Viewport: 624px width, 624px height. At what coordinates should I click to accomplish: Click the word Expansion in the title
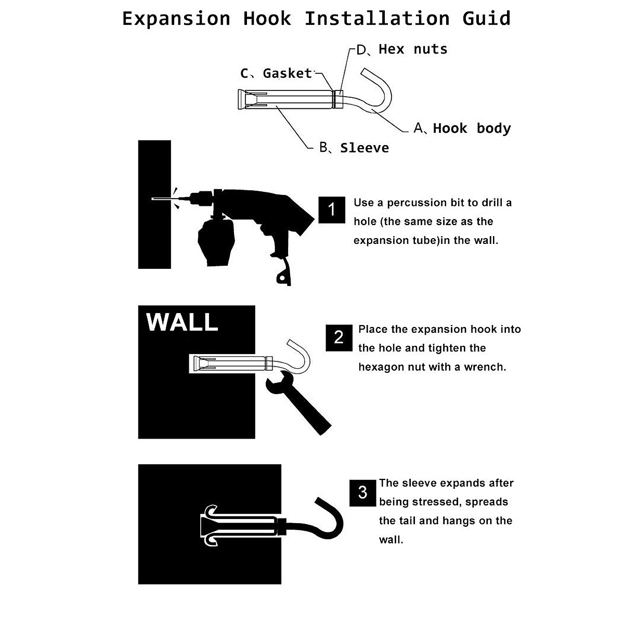[x=176, y=19]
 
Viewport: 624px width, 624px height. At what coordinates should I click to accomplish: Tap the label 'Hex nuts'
[x=413, y=49]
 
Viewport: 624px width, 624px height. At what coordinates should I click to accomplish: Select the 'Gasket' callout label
[x=287, y=73]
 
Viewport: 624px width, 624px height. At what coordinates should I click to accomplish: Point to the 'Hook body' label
[x=472, y=128]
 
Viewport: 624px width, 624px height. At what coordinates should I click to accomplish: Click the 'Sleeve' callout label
[x=364, y=148]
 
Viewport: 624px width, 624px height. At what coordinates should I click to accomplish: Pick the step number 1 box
[x=332, y=210]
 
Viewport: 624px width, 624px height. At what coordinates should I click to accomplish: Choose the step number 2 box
[x=339, y=337]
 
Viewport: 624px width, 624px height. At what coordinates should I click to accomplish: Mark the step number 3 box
[x=362, y=492]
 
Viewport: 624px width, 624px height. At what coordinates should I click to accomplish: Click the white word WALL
[x=182, y=322]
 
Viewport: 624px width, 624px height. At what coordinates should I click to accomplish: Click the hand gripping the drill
[x=216, y=242]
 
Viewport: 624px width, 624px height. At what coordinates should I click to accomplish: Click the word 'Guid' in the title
[x=487, y=19]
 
